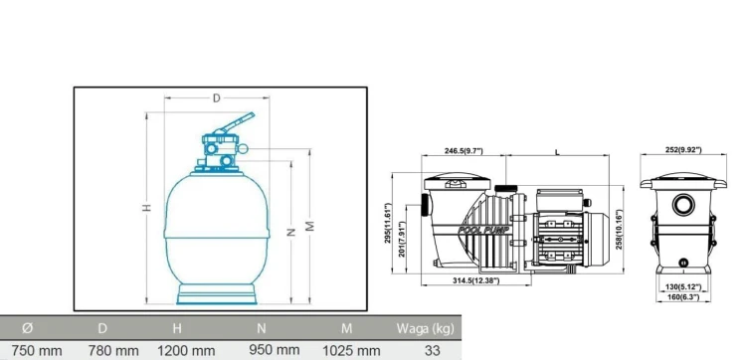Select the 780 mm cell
[x=113, y=351]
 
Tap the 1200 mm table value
[x=186, y=351]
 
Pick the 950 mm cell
[x=275, y=350]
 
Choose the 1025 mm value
[x=351, y=351]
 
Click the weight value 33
[x=432, y=351]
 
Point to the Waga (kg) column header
[x=425, y=328]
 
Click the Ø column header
[x=28, y=327]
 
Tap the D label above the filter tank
[x=217, y=98]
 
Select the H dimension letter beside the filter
[x=147, y=207]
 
